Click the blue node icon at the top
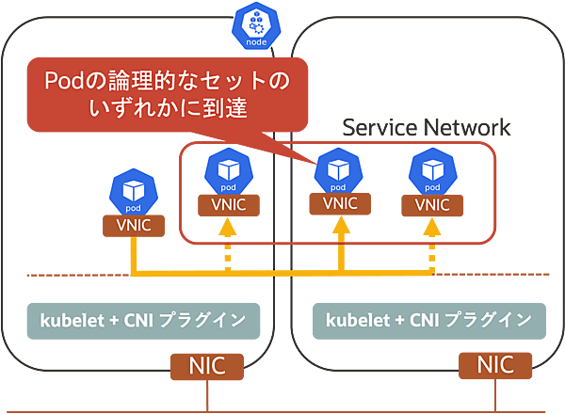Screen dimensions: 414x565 [x=256, y=26]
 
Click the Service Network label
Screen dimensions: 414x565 [x=426, y=128]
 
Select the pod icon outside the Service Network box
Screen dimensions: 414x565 [x=130, y=192]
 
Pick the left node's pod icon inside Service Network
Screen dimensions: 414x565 [x=227, y=169]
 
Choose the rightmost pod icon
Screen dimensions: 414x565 [x=432, y=170]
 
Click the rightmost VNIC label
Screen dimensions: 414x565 [x=432, y=202]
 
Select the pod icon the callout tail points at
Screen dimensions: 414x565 [x=338, y=170]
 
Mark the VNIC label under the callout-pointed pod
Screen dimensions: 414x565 [x=338, y=202]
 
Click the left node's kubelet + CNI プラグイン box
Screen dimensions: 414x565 [x=142, y=321]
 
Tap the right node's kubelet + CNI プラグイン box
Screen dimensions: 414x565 [x=428, y=321]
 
